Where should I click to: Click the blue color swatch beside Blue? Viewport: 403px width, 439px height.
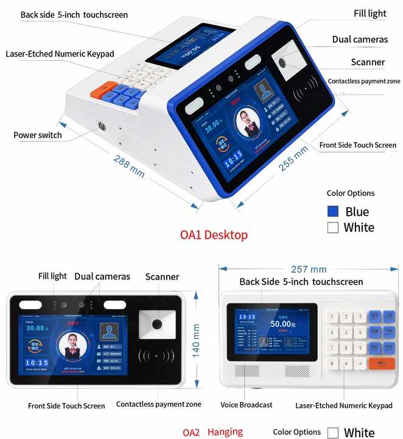tap(333, 212)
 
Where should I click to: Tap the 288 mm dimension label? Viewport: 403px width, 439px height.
tap(129, 165)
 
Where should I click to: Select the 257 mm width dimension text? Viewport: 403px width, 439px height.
tap(309, 269)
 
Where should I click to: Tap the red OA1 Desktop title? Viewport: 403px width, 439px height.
tap(214, 235)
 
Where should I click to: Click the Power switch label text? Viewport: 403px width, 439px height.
tap(38, 135)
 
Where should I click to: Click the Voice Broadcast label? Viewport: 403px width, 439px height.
tap(246, 405)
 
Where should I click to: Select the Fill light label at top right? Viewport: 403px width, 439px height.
tap(370, 13)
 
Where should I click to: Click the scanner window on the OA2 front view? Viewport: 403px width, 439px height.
tap(156, 323)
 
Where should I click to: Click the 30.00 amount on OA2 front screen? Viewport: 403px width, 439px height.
tap(35, 328)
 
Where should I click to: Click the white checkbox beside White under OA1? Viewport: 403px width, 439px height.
tap(333, 227)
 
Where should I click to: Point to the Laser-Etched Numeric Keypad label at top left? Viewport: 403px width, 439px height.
tap(60, 54)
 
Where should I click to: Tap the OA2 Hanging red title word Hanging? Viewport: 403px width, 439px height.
tap(225, 432)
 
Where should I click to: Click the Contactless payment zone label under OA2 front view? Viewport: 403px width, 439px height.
tap(158, 404)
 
